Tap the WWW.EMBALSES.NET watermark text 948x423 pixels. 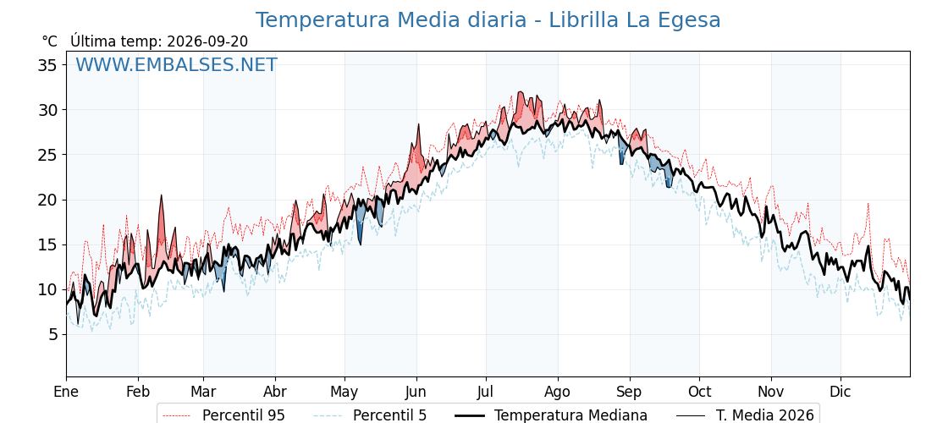pos(177,64)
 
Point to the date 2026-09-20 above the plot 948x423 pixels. pos(207,41)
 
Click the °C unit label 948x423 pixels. pos(50,41)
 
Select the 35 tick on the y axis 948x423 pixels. pos(49,64)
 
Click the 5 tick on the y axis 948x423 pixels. pos(54,334)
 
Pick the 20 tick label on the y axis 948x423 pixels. pos(49,200)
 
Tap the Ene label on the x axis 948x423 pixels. pos(66,392)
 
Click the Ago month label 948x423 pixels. pos(557,392)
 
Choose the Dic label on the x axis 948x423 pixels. pos(841,392)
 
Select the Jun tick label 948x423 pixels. pos(416,392)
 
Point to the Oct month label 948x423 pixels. pos(699,392)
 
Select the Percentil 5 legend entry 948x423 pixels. pos(371,415)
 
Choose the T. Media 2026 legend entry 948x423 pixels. pos(746,415)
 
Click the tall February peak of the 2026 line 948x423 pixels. pos(161,195)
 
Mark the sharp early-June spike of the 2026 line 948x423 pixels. pos(418,124)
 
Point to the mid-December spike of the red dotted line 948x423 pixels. pos(868,204)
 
